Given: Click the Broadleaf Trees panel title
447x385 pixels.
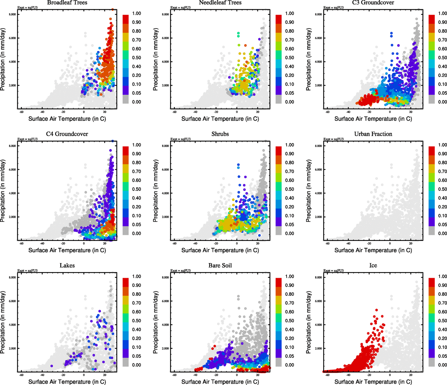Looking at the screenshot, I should (x=67, y=3).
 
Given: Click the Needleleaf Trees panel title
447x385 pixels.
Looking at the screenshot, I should (x=220, y=3).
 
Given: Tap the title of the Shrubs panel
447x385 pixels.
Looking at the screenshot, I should (x=220, y=134).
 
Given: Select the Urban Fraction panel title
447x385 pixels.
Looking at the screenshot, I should (x=373, y=134).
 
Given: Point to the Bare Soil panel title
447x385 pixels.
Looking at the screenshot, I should (x=220, y=266).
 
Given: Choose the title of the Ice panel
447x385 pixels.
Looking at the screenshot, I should (x=373, y=266).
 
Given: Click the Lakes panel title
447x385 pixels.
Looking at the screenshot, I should (x=67, y=266).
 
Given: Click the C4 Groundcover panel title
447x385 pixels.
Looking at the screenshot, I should (x=67, y=134).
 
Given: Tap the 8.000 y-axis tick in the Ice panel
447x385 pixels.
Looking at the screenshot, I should (x=318, y=278).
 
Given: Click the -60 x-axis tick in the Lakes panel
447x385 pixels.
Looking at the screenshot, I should (x=21, y=375).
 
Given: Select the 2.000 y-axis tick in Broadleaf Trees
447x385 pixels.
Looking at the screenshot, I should (x=12, y=86).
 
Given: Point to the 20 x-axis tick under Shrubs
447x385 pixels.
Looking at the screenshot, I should (x=258, y=243).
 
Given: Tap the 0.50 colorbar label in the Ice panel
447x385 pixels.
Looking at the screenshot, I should (x=443, y=321).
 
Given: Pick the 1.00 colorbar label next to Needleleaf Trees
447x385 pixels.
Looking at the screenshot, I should (x=289, y=13).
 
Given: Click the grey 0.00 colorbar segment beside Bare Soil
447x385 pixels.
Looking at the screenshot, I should (x=279, y=363).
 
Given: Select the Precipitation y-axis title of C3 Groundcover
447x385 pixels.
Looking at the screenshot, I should (x=309, y=59).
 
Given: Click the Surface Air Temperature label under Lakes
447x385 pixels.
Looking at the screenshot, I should (x=67, y=382).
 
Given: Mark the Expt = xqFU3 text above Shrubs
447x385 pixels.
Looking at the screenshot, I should (x=180, y=139).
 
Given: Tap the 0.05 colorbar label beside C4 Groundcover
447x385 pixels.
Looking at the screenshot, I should (x=136, y=225).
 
